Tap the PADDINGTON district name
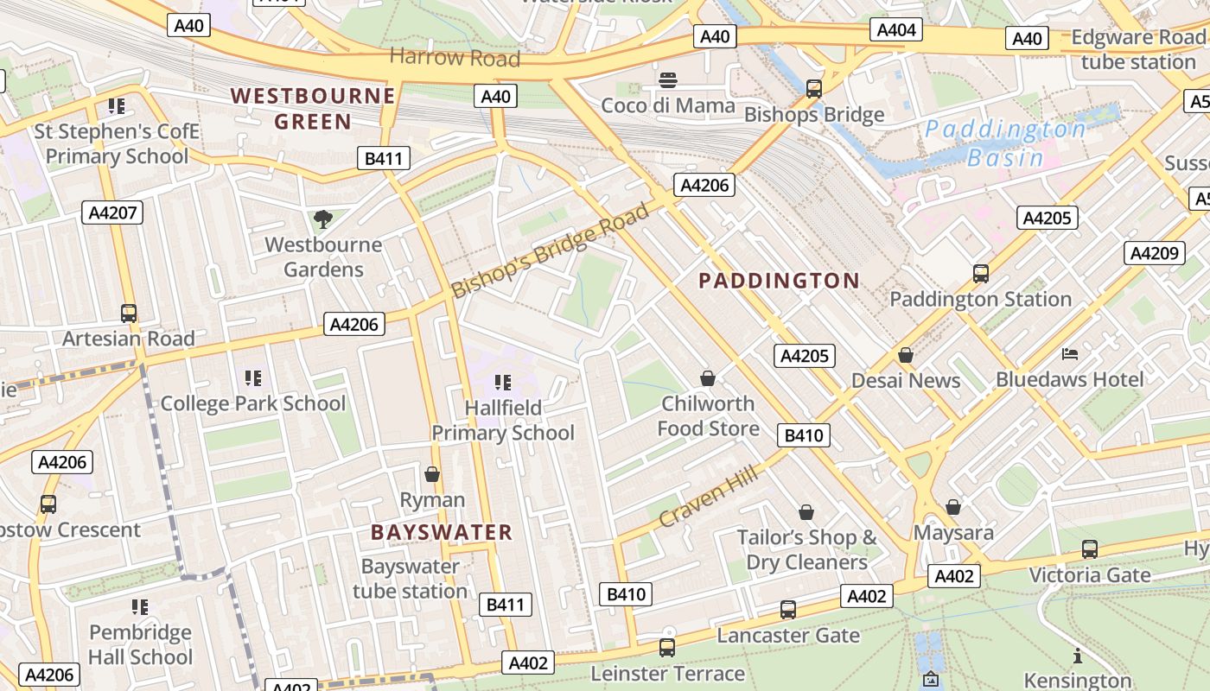[779, 281]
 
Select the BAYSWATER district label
[442, 532]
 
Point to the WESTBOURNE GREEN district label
[313, 108]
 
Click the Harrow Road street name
[455, 58]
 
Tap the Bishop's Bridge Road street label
[550, 250]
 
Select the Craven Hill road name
[709, 496]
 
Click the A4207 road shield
[112, 212]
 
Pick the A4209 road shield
[1154, 253]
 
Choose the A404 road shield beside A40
[896, 31]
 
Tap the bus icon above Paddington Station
[981, 274]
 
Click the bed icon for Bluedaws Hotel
[1070, 354]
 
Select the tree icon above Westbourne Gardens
[323, 219]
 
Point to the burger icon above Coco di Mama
[668, 80]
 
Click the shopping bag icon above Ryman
[432, 474]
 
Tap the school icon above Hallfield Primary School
[503, 382]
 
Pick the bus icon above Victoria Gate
[1090, 548]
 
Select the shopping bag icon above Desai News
[906, 355]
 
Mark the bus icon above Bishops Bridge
[813, 88]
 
